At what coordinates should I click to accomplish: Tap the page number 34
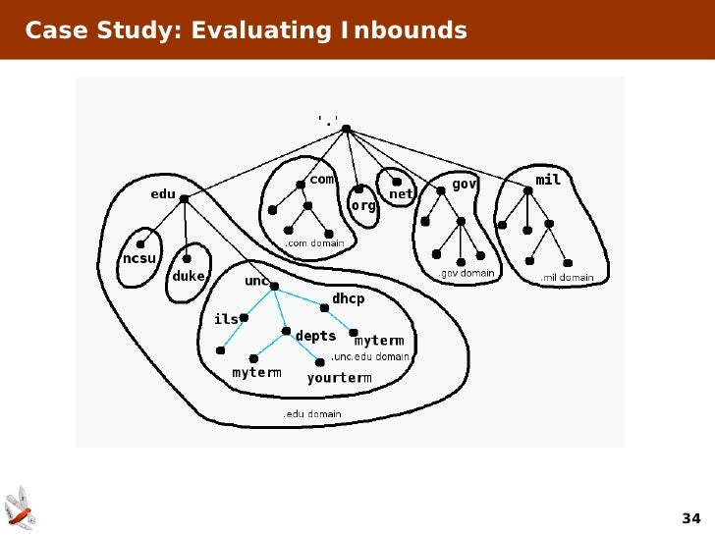tap(690, 518)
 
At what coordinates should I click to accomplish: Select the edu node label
tap(162, 194)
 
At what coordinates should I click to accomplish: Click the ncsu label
tap(138, 258)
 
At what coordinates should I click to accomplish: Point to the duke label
tap(189, 276)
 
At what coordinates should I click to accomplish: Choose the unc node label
tap(256, 281)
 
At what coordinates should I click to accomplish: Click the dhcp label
tap(348, 297)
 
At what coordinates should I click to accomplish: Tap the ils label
tap(226, 319)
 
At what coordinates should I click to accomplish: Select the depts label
tap(315, 336)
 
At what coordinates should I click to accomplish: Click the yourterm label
tap(339, 378)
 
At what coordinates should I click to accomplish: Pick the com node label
tap(322, 180)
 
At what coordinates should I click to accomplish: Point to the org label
tap(363, 205)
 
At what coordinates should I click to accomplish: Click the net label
tap(402, 194)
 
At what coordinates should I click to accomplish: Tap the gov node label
tap(464, 184)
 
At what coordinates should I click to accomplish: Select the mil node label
tap(547, 181)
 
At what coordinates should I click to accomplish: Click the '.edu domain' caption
tap(312, 414)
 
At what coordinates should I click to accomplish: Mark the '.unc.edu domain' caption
tap(369, 356)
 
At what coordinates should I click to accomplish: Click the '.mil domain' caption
tap(567, 278)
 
